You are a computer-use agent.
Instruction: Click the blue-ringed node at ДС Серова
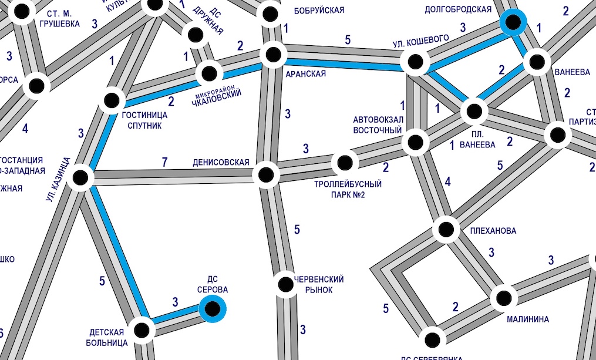pos(213,308)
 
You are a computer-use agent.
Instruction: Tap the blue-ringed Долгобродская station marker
pos(514,23)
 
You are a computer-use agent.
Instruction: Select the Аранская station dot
pos(274,55)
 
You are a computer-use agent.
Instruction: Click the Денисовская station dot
pos(265,174)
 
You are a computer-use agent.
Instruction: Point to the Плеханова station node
pos(446,229)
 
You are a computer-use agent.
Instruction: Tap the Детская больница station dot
pos(142,330)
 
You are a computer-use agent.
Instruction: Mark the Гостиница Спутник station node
pos(112,100)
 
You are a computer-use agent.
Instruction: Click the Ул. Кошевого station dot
pos(415,61)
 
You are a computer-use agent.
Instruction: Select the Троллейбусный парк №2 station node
pos(344,163)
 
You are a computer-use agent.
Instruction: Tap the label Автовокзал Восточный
pos(377,125)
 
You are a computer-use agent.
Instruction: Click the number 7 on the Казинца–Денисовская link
pos(165,162)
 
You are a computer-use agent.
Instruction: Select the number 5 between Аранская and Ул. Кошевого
pos(348,40)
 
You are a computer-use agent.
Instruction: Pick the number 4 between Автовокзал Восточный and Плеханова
pos(448,182)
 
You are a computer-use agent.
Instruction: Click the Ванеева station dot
pos(537,62)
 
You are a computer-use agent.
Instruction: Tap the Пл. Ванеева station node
pos(474,110)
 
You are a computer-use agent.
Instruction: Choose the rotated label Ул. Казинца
pos(58,180)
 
